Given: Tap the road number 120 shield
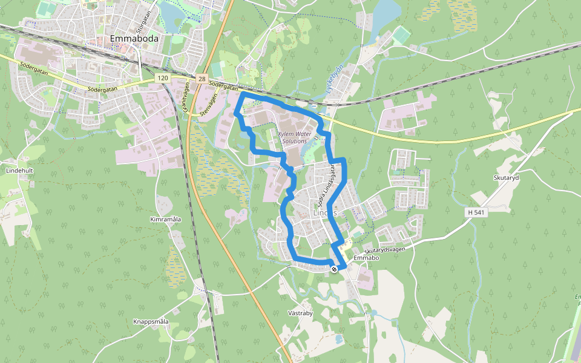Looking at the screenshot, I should [162, 78].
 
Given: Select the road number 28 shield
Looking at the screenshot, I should [201, 79].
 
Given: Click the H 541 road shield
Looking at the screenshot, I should [477, 212].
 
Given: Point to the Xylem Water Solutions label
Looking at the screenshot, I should [295, 137].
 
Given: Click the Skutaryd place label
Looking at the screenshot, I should [507, 177].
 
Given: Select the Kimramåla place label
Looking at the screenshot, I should [165, 218].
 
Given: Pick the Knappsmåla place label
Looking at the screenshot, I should [151, 321].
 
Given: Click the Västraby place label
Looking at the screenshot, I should [300, 313].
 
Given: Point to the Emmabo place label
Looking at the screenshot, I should [366, 258].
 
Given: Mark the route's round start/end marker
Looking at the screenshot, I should [334, 269].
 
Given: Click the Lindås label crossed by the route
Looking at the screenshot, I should [325, 213].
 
